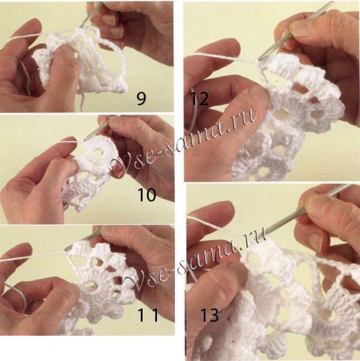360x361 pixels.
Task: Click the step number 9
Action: (141, 99)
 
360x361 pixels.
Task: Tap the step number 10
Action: (147, 195)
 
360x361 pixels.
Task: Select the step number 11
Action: (148, 315)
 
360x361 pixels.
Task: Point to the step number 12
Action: (199, 99)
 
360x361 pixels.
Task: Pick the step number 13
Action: (210, 316)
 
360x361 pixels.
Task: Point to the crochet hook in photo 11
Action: (81, 240)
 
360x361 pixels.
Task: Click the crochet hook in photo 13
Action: (305, 210)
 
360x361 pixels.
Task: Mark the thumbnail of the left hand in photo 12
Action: (258, 92)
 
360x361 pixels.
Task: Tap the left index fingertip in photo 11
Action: (24, 250)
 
